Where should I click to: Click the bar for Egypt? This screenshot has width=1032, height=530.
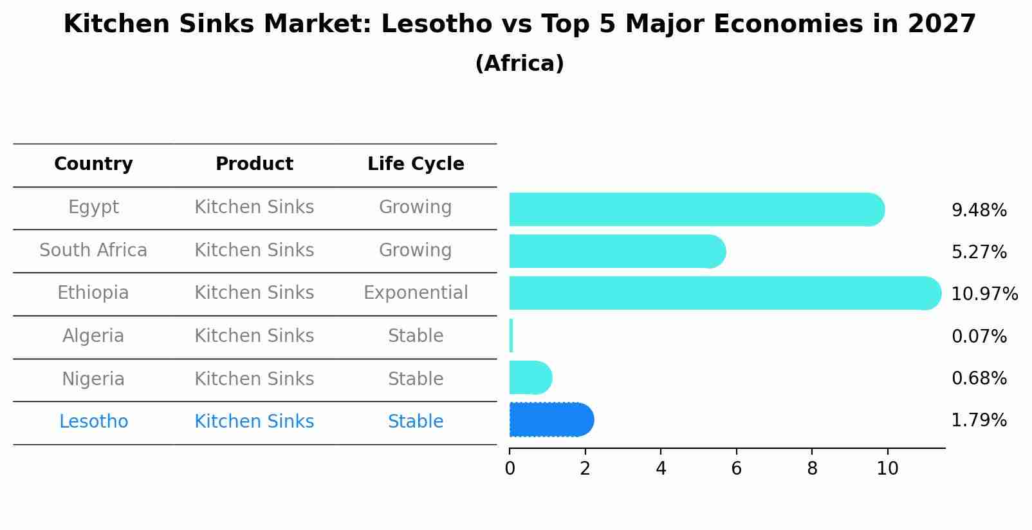pyautogui.click(x=695, y=209)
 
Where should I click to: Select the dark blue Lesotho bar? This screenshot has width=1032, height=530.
pyautogui.click(x=550, y=420)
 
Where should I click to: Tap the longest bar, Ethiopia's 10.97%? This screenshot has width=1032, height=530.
pyautogui.click(x=724, y=293)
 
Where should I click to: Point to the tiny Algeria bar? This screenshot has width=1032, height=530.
pyautogui.click(x=511, y=336)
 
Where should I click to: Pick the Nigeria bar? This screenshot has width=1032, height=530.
pyautogui.click(x=530, y=377)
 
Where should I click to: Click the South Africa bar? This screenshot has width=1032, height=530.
pyautogui.click(x=616, y=251)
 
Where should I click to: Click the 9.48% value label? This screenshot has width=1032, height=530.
pyautogui.click(x=979, y=211)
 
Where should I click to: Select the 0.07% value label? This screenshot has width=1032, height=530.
pyautogui.click(x=979, y=336)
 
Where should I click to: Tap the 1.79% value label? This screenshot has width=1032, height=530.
pyautogui.click(x=979, y=421)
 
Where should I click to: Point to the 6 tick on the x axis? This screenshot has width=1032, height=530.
pyautogui.click(x=737, y=469)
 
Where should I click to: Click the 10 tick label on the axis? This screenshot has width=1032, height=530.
pyautogui.click(x=887, y=469)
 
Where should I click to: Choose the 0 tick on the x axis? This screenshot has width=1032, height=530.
pyautogui.click(x=510, y=469)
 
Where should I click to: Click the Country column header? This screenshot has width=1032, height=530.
pyautogui.click(x=93, y=164)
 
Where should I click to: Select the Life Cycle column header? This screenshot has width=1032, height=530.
pyautogui.click(x=416, y=164)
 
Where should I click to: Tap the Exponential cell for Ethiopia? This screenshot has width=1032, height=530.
pyautogui.click(x=416, y=293)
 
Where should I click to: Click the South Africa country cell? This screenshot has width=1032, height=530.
pyautogui.click(x=93, y=250)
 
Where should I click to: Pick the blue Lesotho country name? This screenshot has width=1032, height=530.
pyautogui.click(x=93, y=422)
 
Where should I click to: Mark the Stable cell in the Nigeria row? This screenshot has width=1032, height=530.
pyautogui.click(x=416, y=379)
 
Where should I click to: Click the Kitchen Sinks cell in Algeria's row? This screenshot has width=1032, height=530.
pyautogui.click(x=254, y=336)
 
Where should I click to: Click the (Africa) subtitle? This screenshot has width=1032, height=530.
pyautogui.click(x=519, y=64)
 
